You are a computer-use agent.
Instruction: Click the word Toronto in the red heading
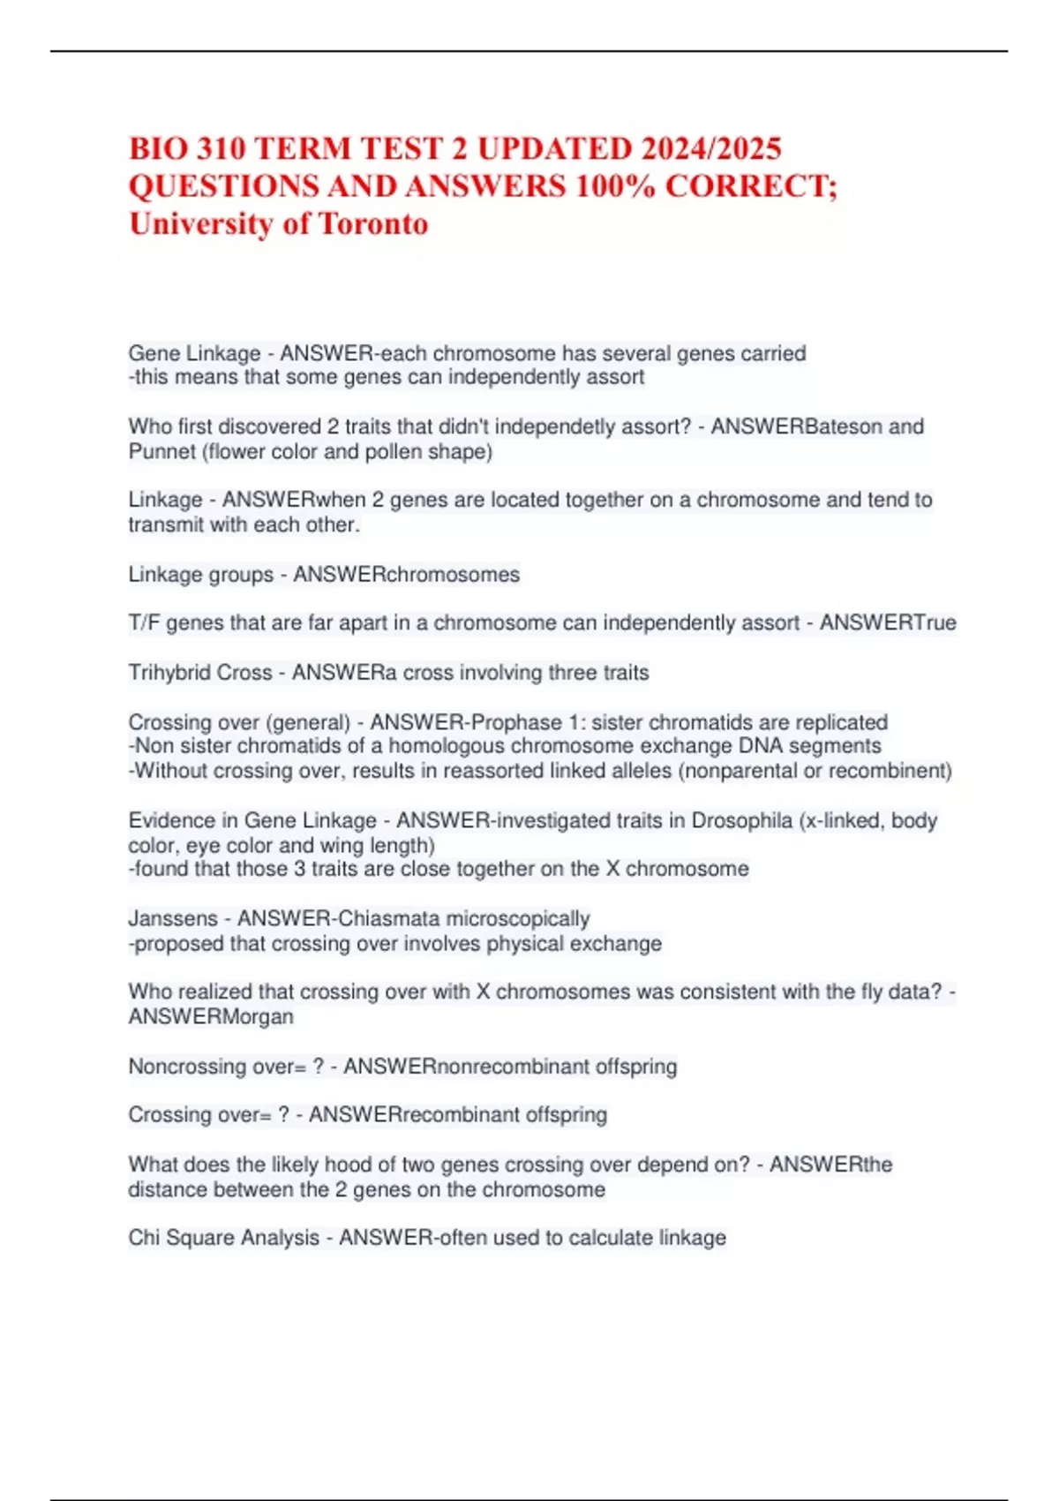click(373, 224)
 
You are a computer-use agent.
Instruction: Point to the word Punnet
click(161, 452)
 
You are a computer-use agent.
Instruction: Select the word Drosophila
click(741, 821)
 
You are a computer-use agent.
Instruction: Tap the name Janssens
click(173, 919)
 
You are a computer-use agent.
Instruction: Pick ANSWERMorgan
click(211, 1017)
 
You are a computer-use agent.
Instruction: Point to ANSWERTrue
click(888, 623)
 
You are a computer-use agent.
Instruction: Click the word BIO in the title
click(159, 148)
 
